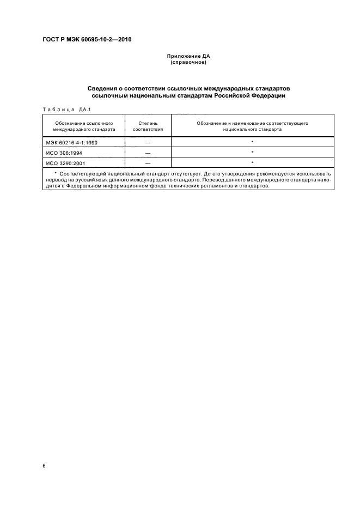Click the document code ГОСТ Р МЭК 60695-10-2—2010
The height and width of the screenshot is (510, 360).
coord(87,40)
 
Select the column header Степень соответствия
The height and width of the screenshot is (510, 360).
coord(148,126)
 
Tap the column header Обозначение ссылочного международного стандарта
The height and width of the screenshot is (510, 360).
coord(84,126)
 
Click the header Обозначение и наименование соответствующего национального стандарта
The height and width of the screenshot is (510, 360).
coord(253,126)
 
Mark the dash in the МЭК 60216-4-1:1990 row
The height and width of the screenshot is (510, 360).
coord(148,142)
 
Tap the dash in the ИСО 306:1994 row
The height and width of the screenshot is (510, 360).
coord(148,153)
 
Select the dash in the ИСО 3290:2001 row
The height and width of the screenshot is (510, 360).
coord(148,163)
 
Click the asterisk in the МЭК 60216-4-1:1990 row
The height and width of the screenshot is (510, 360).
coord(253,142)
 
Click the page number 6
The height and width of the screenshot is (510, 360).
coord(44,466)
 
